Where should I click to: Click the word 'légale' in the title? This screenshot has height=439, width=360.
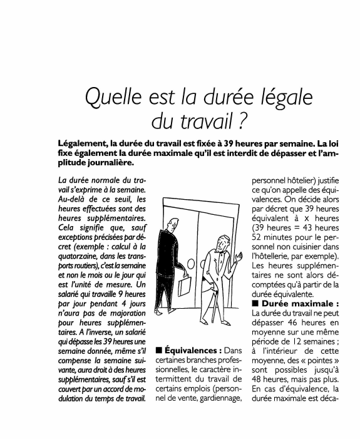click(x=280, y=98)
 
